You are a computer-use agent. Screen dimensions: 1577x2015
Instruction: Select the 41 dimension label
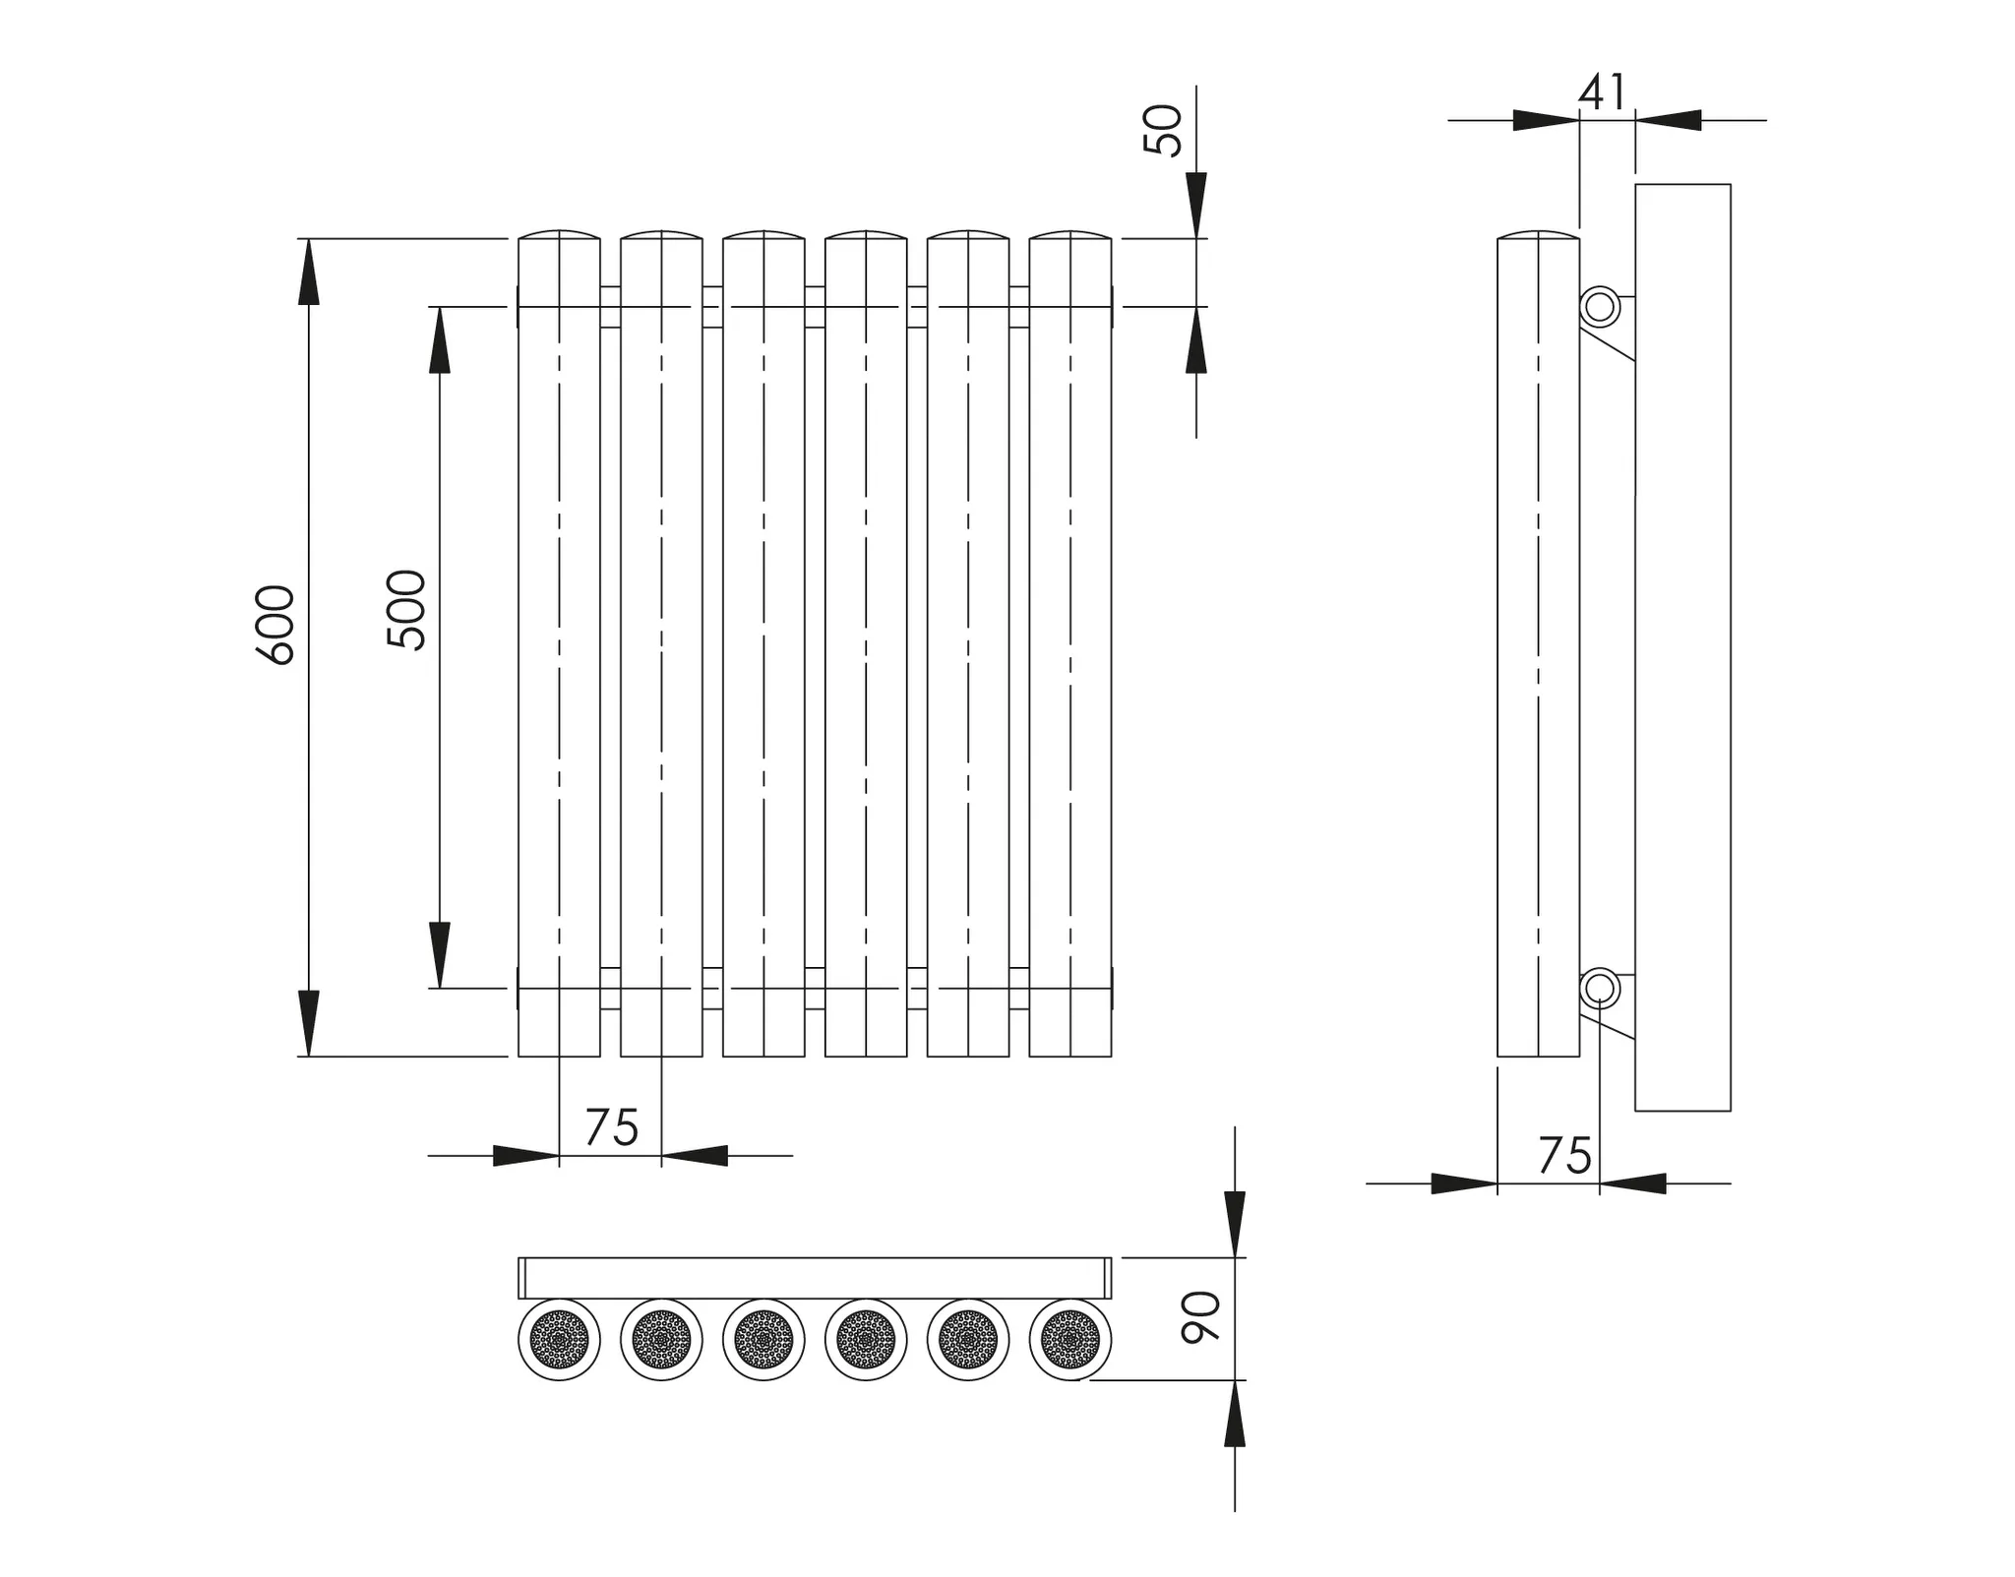pos(1603,92)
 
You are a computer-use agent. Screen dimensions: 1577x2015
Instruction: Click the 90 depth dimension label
pos(1200,1317)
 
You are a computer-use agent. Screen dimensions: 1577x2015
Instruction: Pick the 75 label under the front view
pos(611,1127)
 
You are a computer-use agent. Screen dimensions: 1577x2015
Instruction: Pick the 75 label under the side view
pos(1564,1156)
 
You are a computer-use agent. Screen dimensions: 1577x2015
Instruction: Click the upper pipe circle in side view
pos(1600,307)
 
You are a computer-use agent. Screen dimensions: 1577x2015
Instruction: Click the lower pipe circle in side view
pos(1600,988)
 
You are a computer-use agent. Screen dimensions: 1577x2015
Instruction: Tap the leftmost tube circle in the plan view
pos(559,1339)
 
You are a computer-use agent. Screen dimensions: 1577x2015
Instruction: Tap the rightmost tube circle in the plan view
pos(1070,1339)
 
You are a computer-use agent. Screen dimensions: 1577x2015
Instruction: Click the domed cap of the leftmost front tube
pos(559,235)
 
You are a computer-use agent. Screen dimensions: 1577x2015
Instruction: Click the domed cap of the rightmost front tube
pos(1070,235)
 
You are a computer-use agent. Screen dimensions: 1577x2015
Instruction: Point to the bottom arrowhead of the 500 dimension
pos(440,954)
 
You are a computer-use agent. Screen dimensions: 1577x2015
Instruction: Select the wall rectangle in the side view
pos(1682,646)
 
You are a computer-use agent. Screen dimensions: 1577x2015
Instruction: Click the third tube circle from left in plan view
pos(763,1339)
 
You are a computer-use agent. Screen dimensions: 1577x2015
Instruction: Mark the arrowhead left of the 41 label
pos(1546,120)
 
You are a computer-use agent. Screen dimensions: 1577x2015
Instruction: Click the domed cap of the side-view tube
pos(1538,235)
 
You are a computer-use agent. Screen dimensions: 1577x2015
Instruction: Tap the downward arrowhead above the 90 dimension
pos(1234,1224)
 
